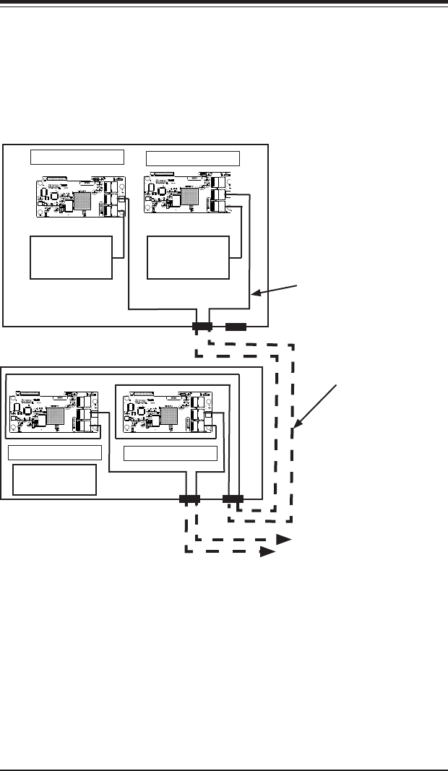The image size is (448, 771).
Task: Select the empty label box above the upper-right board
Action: pyautogui.click(x=193, y=158)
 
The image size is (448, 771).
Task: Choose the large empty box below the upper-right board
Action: pyautogui.click(x=188, y=257)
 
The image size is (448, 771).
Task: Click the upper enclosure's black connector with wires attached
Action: pyautogui.click(x=202, y=327)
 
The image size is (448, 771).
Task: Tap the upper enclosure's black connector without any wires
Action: pyautogui.click(x=236, y=327)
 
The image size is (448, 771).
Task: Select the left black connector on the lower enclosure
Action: pyautogui.click(x=189, y=499)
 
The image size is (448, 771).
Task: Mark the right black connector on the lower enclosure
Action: pyautogui.click(x=233, y=499)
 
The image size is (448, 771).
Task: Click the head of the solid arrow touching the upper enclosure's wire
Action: pyautogui.click(x=254, y=294)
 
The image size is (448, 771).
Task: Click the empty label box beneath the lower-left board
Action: pyautogui.click(x=55, y=453)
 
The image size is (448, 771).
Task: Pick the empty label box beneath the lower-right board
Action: pyautogui.click(x=171, y=453)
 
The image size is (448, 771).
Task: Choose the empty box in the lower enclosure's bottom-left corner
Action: pyautogui.click(x=55, y=480)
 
